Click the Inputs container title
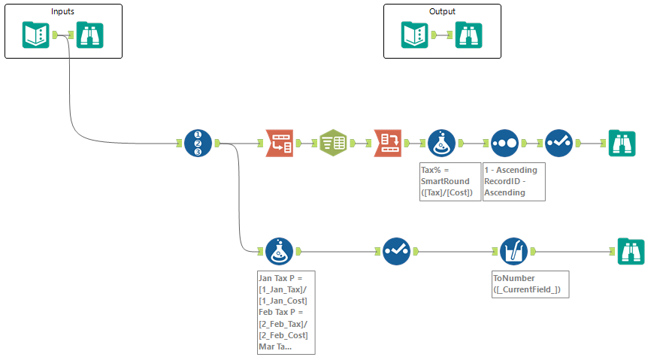62,12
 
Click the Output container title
442,12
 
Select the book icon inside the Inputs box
36,35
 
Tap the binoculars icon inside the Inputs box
90,35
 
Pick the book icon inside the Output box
414,35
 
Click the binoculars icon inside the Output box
468,35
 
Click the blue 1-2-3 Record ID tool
198,143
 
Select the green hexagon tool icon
333,143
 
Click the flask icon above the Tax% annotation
441,143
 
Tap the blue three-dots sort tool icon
504,143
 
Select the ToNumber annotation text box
527,283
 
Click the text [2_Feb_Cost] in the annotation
283,334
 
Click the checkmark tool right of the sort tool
559,143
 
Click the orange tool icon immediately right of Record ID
279,143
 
